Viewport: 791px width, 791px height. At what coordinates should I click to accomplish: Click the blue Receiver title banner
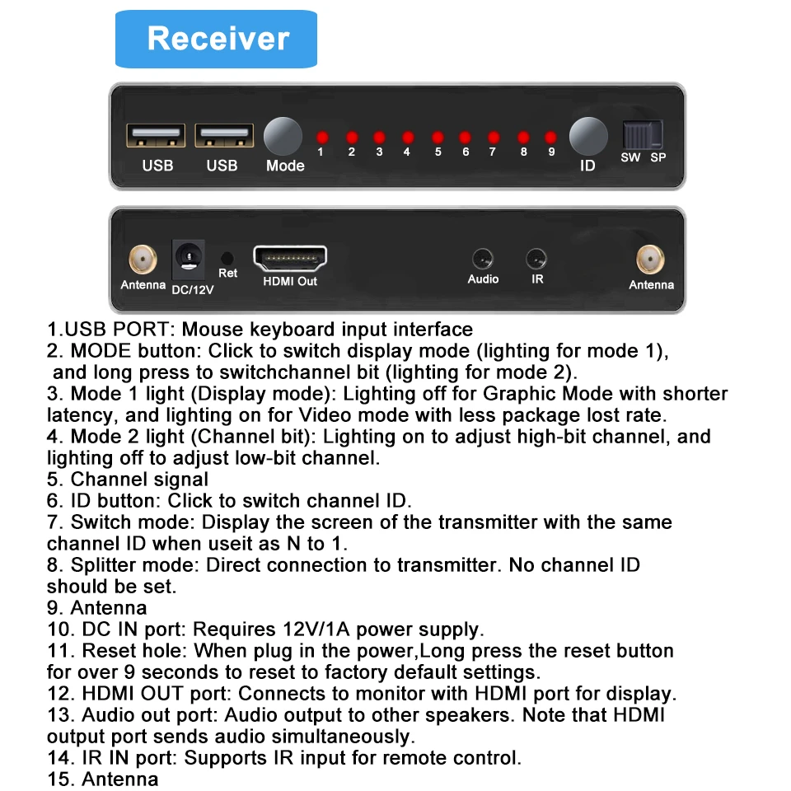pyautogui.click(x=216, y=39)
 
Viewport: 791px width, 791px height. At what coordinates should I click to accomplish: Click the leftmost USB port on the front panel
pyautogui.click(x=155, y=136)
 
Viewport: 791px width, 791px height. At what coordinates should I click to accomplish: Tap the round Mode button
pyautogui.click(x=283, y=136)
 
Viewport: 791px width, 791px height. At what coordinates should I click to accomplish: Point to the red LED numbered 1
pyautogui.click(x=323, y=137)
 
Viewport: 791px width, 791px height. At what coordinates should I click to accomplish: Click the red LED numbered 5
pyautogui.click(x=438, y=137)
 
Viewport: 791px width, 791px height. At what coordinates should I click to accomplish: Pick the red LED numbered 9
pyautogui.click(x=550, y=137)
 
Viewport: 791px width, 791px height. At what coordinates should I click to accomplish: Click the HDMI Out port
pyautogui.click(x=289, y=259)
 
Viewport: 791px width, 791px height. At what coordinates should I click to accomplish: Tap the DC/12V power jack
pyautogui.click(x=189, y=260)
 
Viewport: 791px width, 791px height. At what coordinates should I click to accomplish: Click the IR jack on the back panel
pyautogui.click(x=536, y=259)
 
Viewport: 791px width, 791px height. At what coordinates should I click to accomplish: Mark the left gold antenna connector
pyautogui.click(x=143, y=260)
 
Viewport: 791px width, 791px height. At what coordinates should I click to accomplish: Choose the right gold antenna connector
pyautogui.click(x=650, y=260)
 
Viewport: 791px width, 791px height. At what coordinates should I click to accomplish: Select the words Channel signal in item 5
pyautogui.click(x=139, y=480)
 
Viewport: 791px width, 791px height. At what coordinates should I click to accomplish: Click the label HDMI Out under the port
pyautogui.click(x=289, y=282)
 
